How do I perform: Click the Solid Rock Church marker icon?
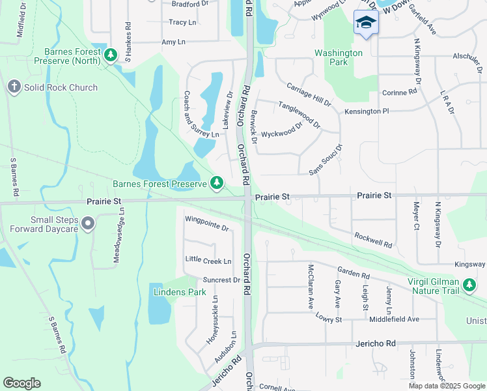14,87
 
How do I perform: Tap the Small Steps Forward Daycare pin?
89,224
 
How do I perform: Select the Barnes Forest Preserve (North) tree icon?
111,55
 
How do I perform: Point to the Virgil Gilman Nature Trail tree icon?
469,284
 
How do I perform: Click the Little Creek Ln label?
208,261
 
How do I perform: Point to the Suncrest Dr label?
221,280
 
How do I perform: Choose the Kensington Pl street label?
367,111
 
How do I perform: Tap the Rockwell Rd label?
373,240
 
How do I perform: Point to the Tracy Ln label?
182,22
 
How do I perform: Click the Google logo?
21,383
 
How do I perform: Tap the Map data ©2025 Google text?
446,386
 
